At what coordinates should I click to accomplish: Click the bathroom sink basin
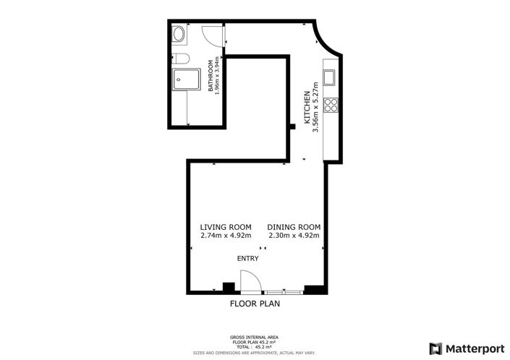[x=179, y=34]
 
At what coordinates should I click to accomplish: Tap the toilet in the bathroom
[x=180, y=59]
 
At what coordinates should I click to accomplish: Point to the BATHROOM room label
[x=211, y=76]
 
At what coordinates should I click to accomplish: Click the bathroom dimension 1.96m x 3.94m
[x=218, y=76]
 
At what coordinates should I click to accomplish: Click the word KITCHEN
[x=307, y=106]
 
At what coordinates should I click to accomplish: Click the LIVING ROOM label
[x=226, y=226]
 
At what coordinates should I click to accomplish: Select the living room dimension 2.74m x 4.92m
[x=226, y=235]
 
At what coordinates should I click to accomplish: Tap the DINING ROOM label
[x=294, y=226]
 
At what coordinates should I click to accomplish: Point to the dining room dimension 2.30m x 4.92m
[x=294, y=235]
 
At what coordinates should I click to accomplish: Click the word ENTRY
[x=247, y=258]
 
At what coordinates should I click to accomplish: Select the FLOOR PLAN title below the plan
[x=255, y=304]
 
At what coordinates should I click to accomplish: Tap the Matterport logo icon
[x=436, y=347]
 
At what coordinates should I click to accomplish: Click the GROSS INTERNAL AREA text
[x=255, y=338]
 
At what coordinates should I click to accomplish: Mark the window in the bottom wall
[x=284, y=293]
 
